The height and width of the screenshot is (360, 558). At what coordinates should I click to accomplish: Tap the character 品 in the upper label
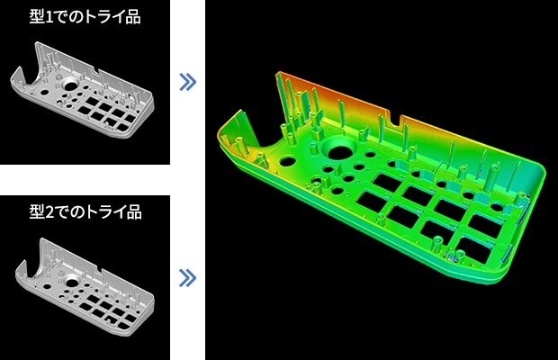pyautogui.click(x=133, y=17)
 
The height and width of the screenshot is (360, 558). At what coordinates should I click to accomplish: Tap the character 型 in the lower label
pyautogui.click(x=37, y=212)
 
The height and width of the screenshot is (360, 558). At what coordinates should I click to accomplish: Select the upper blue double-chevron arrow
pyautogui.click(x=187, y=82)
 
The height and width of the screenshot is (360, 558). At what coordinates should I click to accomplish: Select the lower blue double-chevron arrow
pyautogui.click(x=187, y=278)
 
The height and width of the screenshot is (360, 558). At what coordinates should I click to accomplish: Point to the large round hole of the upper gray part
pyautogui.click(x=70, y=85)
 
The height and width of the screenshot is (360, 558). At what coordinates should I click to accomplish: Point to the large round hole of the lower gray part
pyautogui.click(x=72, y=283)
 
